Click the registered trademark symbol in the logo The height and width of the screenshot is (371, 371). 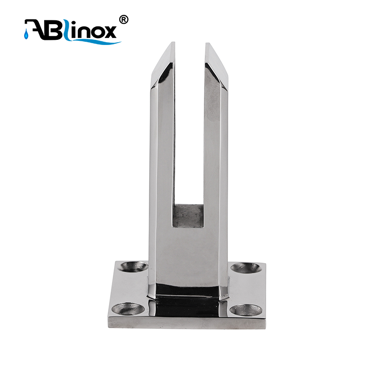pos(123,19)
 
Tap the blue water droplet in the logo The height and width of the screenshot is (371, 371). pos(26,35)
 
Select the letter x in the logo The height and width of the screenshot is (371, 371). pos(109,32)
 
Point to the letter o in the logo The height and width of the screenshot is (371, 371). pos(95,32)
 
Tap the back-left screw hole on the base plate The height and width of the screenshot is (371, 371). pos(133,267)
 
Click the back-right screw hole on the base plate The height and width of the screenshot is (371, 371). pos(246,268)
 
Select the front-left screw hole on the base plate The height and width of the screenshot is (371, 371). pos(128,309)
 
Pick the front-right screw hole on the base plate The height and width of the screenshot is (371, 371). pos(246,310)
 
